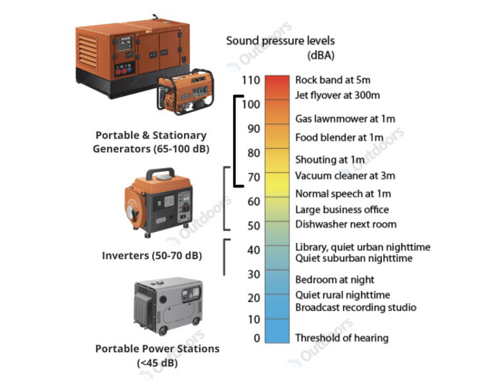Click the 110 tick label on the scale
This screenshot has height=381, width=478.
click(x=251, y=80)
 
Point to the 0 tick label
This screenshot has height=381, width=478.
click(x=257, y=338)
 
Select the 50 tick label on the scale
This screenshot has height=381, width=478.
click(x=253, y=226)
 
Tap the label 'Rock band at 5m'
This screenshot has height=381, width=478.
click(x=333, y=80)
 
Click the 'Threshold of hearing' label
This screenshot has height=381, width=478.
click(x=342, y=338)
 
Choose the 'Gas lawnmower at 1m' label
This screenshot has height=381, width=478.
click(x=345, y=119)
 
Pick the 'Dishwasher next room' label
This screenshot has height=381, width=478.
click(x=346, y=224)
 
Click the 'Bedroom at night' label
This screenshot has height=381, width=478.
click(x=335, y=280)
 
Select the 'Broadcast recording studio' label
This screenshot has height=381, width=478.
click(x=356, y=307)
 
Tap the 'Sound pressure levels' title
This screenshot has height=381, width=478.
click(x=280, y=41)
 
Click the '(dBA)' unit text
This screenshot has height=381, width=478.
click(x=321, y=56)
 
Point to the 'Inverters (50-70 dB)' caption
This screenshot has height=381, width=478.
click(x=152, y=255)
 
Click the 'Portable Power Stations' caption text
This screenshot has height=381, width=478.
click(x=157, y=349)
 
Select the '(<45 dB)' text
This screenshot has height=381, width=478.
click(x=157, y=363)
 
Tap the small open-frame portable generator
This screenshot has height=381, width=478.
click(x=185, y=92)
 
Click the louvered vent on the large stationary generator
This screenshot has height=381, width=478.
click(x=87, y=51)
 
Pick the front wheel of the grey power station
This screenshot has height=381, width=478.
click(x=162, y=330)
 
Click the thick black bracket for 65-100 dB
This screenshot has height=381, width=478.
click(x=235, y=141)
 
